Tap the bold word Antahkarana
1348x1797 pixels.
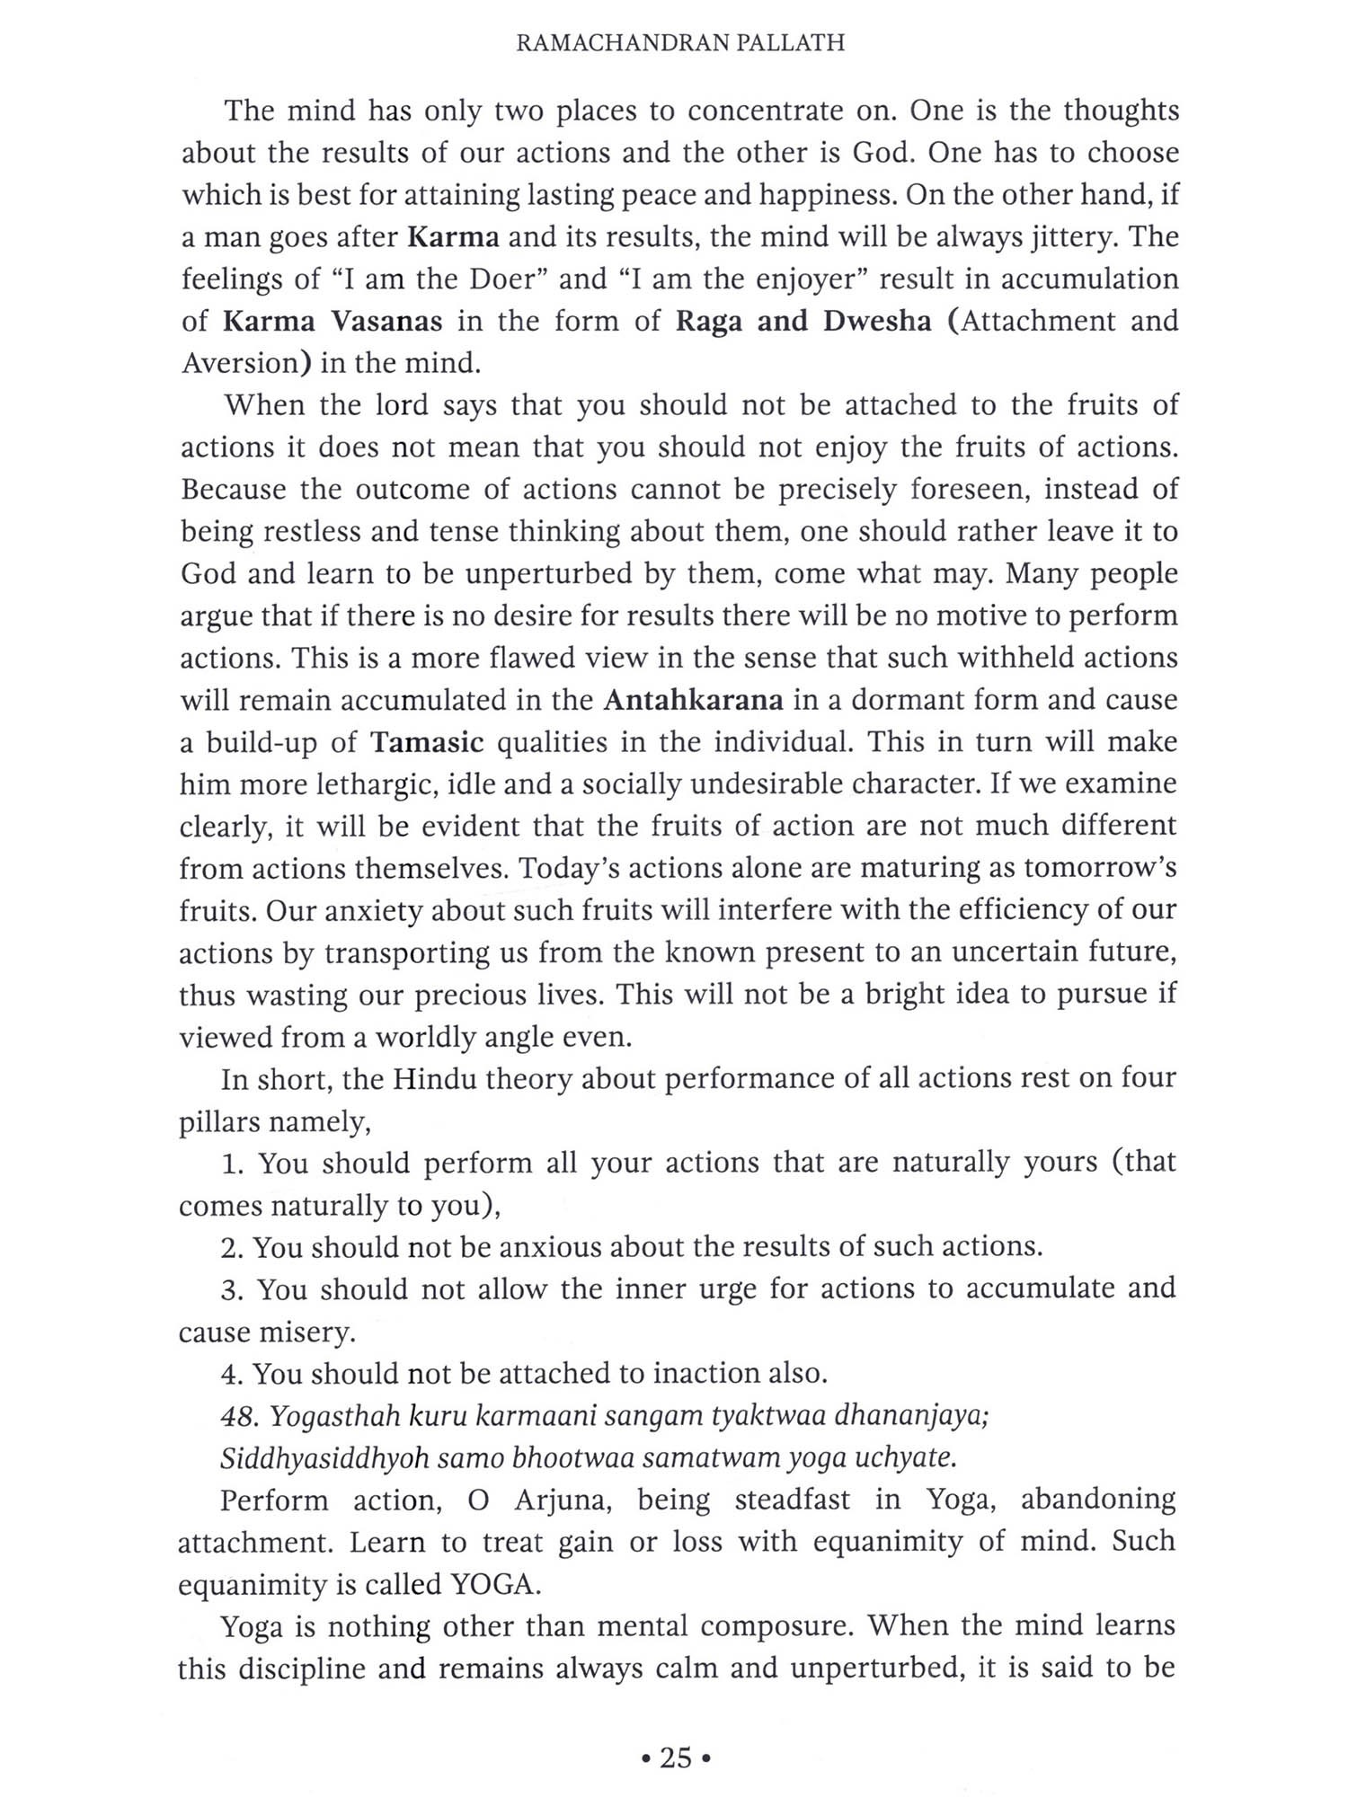click(693, 700)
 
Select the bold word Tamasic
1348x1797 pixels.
click(428, 742)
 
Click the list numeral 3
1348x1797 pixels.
click(232, 1289)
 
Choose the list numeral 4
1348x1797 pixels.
click(232, 1373)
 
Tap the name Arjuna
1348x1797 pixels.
click(566, 1500)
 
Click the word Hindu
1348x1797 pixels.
click(434, 1078)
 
